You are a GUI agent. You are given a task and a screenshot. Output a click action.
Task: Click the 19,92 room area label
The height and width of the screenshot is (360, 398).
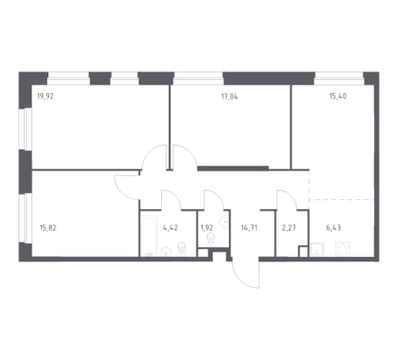[45, 97]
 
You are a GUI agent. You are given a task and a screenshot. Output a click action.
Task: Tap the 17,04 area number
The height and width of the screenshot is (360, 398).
[229, 97]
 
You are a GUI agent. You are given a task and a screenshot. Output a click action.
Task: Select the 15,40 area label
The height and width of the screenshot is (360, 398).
[338, 96]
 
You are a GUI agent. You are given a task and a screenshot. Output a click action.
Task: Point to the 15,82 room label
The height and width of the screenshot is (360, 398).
[48, 228]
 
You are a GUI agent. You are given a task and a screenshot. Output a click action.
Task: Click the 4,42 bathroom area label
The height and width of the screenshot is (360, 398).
[171, 228]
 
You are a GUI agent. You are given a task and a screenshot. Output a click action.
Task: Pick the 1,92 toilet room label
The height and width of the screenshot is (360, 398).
[207, 228]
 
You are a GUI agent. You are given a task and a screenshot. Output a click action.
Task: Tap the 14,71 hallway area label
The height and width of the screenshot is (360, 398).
[249, 228]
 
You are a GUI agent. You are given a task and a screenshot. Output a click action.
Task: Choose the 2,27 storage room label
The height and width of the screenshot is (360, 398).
[289, 228]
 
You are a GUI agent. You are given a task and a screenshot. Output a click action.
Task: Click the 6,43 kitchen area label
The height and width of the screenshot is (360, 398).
[333, 228]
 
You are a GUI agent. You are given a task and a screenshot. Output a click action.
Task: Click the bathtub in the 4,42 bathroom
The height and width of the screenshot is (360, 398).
[149, 235]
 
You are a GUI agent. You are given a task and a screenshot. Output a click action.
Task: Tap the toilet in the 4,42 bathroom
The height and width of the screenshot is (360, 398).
[181, 248]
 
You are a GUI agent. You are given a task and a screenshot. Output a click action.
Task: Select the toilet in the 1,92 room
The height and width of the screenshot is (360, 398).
[211, 240]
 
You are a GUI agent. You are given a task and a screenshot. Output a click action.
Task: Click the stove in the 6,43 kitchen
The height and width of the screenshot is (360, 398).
[343, 248]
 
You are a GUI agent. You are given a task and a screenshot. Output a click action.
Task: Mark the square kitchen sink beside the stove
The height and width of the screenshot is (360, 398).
[317, 248]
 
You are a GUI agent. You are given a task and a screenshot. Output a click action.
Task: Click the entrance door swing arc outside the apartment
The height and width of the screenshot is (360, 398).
[240, 278]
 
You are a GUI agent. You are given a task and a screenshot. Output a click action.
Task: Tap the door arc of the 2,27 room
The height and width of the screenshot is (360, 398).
[291, 196]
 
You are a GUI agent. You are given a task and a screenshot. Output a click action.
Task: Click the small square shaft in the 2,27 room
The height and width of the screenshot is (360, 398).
[303, 251]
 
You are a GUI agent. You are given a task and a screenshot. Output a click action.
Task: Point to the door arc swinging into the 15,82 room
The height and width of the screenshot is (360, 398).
[123, 192]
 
